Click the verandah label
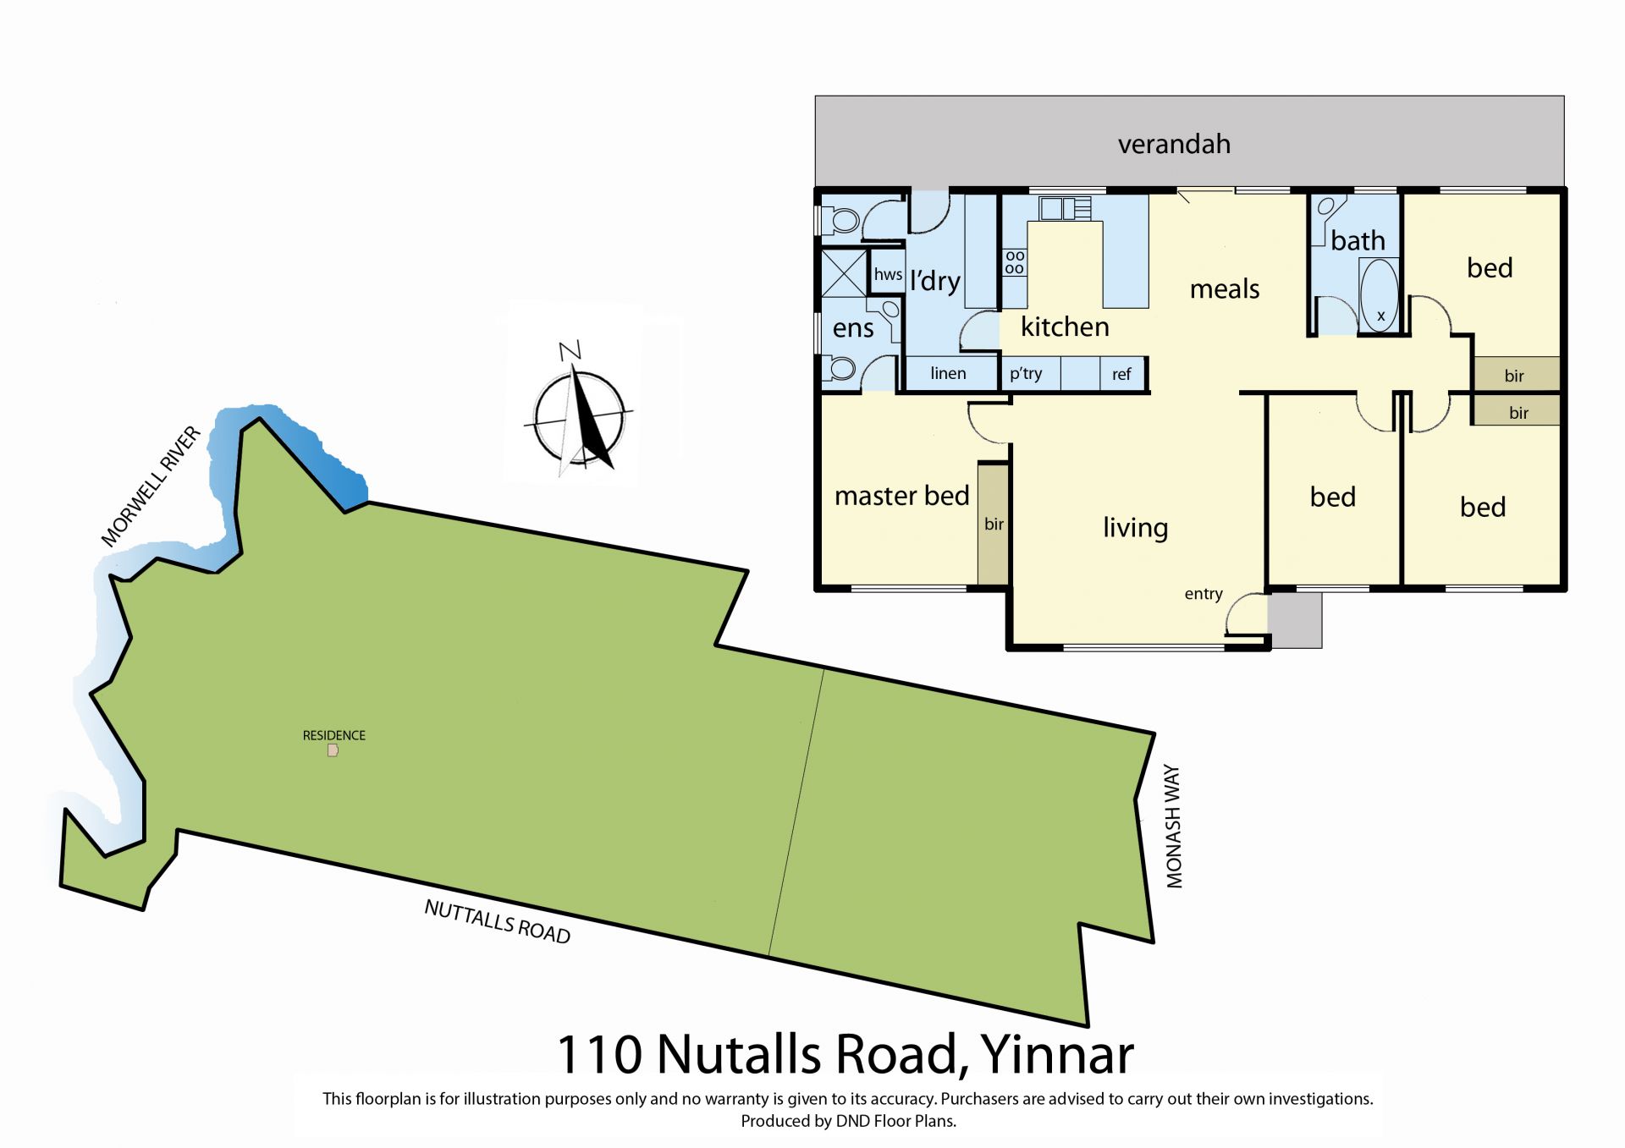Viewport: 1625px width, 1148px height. (x=1174, y=145)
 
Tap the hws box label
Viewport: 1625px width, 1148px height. (x=888, y=274)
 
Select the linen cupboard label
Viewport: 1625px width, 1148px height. (x=948, y=373)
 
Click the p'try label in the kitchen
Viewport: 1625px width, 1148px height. (x=1026, y=374)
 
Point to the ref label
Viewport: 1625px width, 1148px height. (x=1121, y=374)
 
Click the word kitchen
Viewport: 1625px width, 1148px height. (x=1065, y=327)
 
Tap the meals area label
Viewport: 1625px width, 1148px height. (x=1225, y=289)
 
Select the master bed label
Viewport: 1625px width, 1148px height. (x=901, y=496)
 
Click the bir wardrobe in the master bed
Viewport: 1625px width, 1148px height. (x=994, y=524)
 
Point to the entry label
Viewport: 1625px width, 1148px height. (x=1204, y=594)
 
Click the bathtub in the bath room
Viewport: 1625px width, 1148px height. (x=1379, y=295)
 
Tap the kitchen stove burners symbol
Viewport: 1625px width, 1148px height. (x=1015, y=262)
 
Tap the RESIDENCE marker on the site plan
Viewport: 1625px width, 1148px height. (x=333, y=750)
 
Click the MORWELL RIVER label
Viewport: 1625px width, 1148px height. (x=151, y=486)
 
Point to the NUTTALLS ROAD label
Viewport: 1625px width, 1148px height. (x=498, y=921)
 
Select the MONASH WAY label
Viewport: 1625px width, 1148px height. (x=1173, y=827)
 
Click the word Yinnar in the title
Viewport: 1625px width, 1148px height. (x=1057, y=1055)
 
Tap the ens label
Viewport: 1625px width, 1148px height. (x=853, y=328)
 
